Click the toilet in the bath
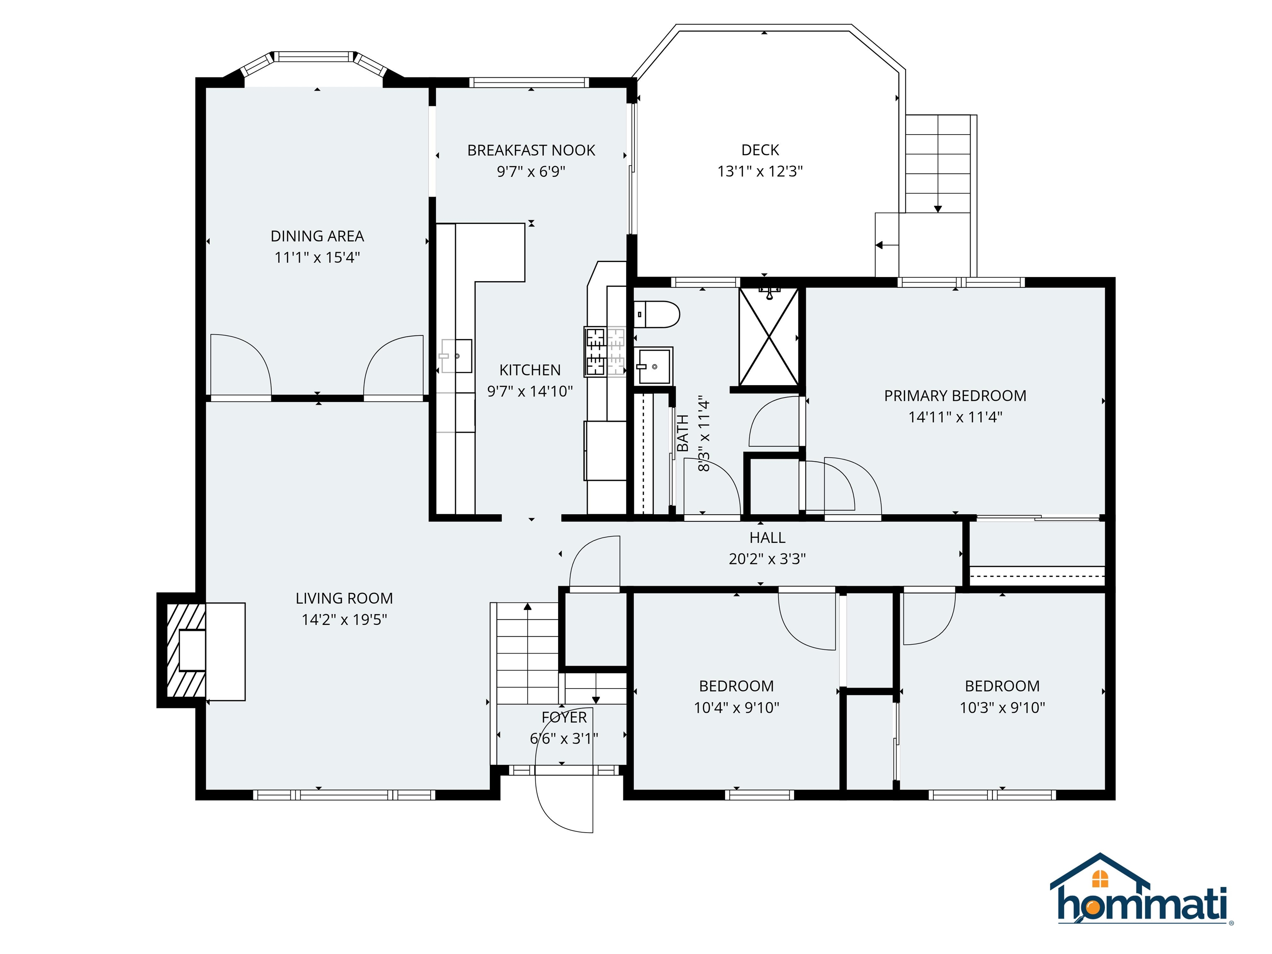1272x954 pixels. [x=657, y=315]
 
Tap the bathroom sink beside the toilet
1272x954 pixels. [x=654, y=366]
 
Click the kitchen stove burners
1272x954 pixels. [x=596, y=352]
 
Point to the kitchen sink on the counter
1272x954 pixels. [x=458, y=356]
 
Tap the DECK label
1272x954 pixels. [x=760, y=150]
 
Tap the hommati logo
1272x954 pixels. [x=1142, y=900]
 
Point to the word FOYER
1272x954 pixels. [x=564, y=717]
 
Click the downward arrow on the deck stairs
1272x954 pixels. [x=937, y=208]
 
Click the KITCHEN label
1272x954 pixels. [x=530, y=370]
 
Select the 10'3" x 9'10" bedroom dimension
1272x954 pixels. [x=1002, y=707]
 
